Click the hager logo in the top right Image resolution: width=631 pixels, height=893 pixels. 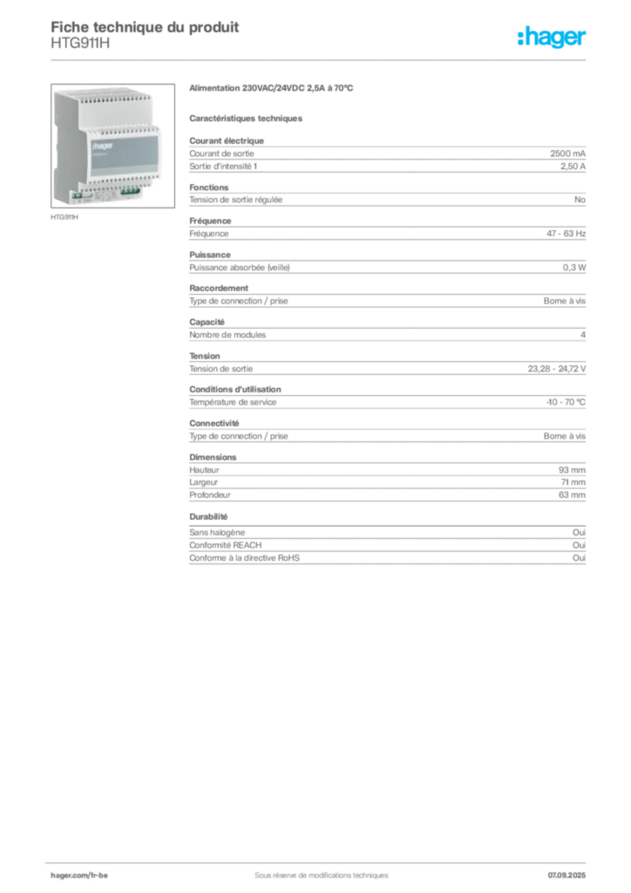click(x=552, y=37)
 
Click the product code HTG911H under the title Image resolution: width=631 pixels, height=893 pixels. click(x=80, y=43)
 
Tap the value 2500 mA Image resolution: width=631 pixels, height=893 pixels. click(x=568, y=153)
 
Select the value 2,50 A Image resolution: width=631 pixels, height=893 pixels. click(x=573, y=167)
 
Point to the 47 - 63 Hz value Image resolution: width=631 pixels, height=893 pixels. click(x=567, y=234)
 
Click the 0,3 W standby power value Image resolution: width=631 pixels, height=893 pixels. click(x=574, y=267)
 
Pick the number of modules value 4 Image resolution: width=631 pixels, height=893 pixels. click(x=583, y=335)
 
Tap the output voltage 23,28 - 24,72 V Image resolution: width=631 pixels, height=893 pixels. click(x=556, y=369)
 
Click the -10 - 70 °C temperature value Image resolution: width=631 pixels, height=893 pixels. click(x=566, y=402)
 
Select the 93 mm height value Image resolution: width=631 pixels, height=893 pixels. click(x=572, y=470)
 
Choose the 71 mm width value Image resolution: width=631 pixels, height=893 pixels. click(x=573, y=481)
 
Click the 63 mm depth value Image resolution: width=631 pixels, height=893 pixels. click(x=572, y=495)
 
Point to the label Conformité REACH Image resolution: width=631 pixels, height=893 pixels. click(x=226, y=545)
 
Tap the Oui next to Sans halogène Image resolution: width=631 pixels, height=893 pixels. click(x=580, y=532)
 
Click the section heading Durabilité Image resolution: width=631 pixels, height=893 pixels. click(x=208, y=516)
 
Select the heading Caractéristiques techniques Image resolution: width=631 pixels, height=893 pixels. click(x=246, y=119)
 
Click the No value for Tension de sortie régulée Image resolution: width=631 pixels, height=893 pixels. click(x=580, y=200)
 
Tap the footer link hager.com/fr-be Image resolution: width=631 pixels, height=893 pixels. click(x=79, y=876)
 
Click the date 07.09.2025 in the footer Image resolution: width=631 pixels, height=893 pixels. click(x=567, y=876)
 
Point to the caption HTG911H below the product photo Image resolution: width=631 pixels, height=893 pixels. click(x=64, y=217)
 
